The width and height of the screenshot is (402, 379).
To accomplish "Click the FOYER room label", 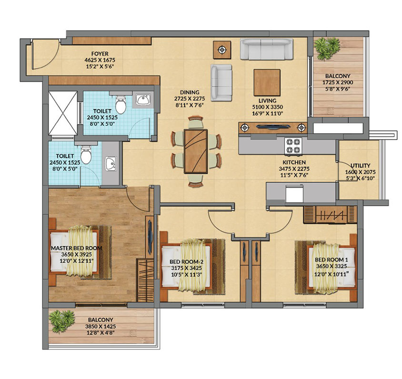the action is [100, 54].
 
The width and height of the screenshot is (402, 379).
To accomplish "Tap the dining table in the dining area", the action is [196, 151].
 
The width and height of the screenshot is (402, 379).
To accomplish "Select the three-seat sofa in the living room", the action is [267, 49].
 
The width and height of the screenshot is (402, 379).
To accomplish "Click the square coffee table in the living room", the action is [267, 82].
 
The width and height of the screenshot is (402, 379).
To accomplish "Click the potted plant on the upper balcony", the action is [327, 48].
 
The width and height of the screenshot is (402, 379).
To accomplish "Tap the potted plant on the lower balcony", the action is [62, 321].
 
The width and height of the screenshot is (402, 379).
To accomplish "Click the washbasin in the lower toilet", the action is [111, 164].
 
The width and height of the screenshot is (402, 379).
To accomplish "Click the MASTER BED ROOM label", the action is [77, 248].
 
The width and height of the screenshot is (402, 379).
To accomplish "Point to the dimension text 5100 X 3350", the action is [267, 107].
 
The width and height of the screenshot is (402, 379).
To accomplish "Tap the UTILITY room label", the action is [360, 166].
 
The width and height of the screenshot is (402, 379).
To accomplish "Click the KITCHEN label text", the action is [294, 162].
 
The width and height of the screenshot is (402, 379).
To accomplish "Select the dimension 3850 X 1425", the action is [100, 326].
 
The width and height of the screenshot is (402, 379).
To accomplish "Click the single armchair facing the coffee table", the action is [221, 83].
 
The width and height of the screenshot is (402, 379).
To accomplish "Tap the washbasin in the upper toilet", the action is [143, 100].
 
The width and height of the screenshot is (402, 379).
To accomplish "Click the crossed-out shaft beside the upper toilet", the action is [63, 113].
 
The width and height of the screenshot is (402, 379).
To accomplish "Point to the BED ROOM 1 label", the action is [331, 260].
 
